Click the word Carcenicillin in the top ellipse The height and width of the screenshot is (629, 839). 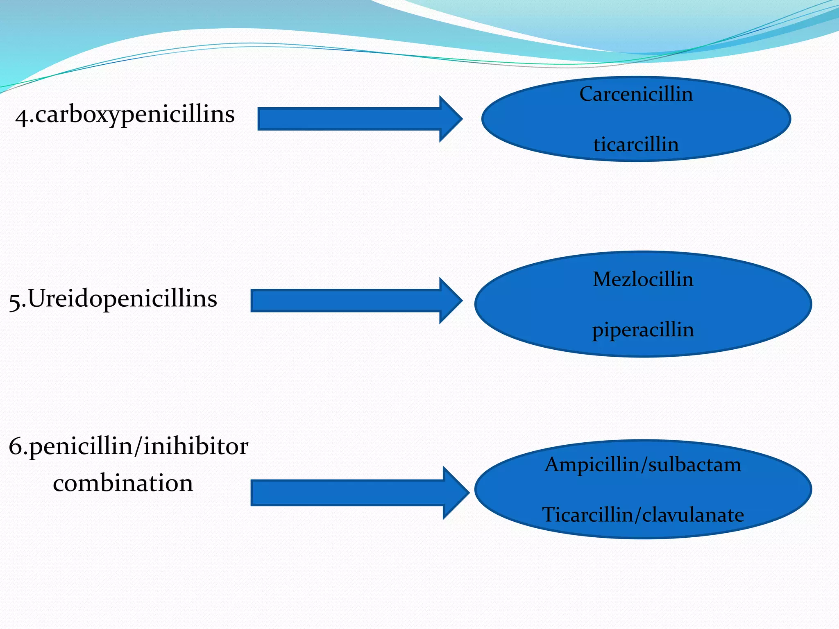point(636,94)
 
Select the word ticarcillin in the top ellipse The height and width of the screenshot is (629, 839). point(636,145)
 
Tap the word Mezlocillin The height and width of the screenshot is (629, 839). point(643,279)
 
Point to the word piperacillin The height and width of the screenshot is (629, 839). point(643,330)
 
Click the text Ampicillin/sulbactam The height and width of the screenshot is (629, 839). point(643,465)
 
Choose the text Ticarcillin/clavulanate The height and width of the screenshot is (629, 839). point(643,515)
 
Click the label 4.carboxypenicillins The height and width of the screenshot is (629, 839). point(125,115)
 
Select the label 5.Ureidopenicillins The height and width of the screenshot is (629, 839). point(113,299)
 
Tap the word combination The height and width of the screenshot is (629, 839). point(123,483)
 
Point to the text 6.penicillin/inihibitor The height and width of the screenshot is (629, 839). point(128,446)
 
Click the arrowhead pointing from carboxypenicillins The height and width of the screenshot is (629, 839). point(451,119)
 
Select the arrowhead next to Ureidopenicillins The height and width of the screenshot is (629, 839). point(451,301)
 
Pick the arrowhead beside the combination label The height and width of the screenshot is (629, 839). point(456,493)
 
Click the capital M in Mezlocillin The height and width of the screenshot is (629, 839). point(603,279)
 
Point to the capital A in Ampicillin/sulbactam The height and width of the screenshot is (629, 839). point(553,465)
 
